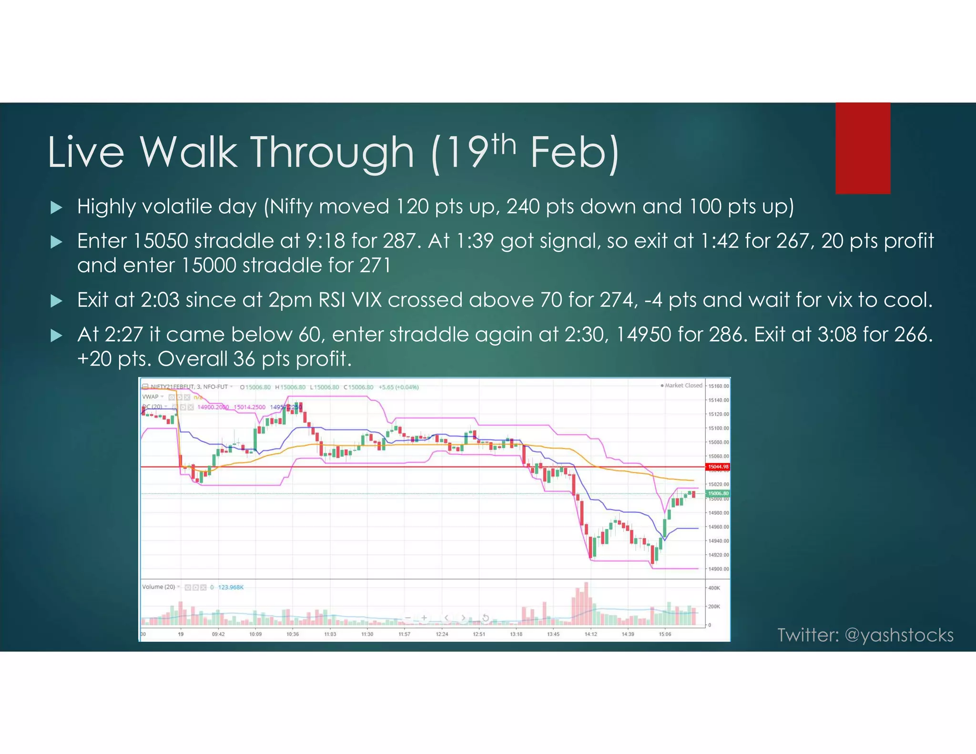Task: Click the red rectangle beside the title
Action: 863,148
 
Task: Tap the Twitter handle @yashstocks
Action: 899,635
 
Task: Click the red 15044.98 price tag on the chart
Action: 718,467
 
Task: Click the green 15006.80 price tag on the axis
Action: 718,493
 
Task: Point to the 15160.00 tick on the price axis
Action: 719,386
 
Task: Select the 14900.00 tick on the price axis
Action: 719,569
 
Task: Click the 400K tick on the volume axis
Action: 714,588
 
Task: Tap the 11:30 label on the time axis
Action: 367,634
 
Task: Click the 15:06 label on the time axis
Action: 665,634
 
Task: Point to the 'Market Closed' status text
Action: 683,385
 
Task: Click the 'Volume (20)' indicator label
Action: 159,587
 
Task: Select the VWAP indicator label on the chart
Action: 151,397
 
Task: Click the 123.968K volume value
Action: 231,587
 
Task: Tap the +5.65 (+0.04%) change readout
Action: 398,387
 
